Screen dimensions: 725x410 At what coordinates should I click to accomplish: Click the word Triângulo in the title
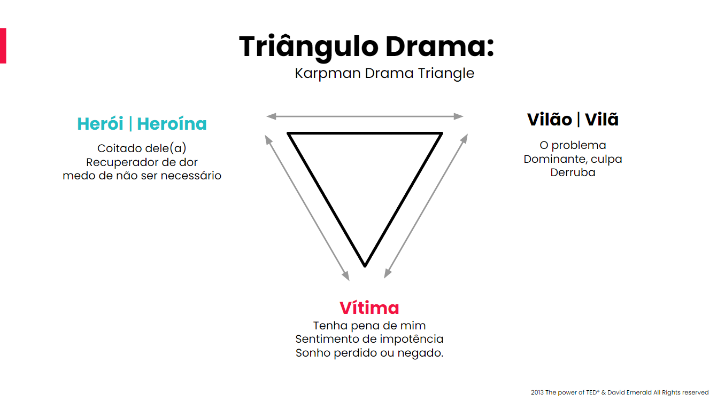pyautogui.click(x=309, y=47)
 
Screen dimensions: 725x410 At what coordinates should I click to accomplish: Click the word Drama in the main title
pyautogui.click(x=440, y=46)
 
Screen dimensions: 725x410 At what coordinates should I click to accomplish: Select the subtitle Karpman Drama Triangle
pyautogui.click(x=384, y=74)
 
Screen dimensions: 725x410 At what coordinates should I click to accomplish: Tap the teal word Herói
pyautogui.click(x=100, y=124)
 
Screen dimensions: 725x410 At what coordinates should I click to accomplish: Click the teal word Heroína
pyautogui.click(x=172, y=124)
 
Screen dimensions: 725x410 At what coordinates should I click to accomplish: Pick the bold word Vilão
pyautogui.click(x=550, y=120)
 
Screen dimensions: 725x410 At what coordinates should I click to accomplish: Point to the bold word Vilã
pyautogui.click(x=601, y=120)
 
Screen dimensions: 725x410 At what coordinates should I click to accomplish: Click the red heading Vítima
pyautogui.click(x=369, y=307)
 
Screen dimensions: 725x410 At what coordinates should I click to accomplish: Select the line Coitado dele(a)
pyautogui.click(x=142, y=148)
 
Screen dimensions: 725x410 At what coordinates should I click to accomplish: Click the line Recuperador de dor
pyautogui.click(x=142, y=162)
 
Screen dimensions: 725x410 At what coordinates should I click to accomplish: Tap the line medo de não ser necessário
pyautogui.click(x=142, y=176)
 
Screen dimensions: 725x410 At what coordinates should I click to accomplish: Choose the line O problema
pyautogui.click(x=573, y=146)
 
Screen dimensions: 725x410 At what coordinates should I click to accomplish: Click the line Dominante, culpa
pyautogui.click(x=573, y=159)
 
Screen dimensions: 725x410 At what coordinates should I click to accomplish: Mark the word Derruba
pyautogui.click(x=573, y=172)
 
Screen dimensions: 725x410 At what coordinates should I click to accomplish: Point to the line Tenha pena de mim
pyautogui.click(x=369, y=326)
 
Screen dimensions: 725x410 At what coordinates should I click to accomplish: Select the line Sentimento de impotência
pyautogui.click(x=369, y=339)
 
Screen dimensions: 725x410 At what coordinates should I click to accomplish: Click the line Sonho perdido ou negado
pyautogui.click(x=369, y=353)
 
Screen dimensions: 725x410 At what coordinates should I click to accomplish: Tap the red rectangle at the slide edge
pyautogui.click(x=3, y=46)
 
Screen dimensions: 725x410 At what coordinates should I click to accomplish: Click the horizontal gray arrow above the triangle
pyautogui.click(x=365, y=116)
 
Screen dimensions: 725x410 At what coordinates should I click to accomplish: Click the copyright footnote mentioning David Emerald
pyautogui.click(x=620, y=392)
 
